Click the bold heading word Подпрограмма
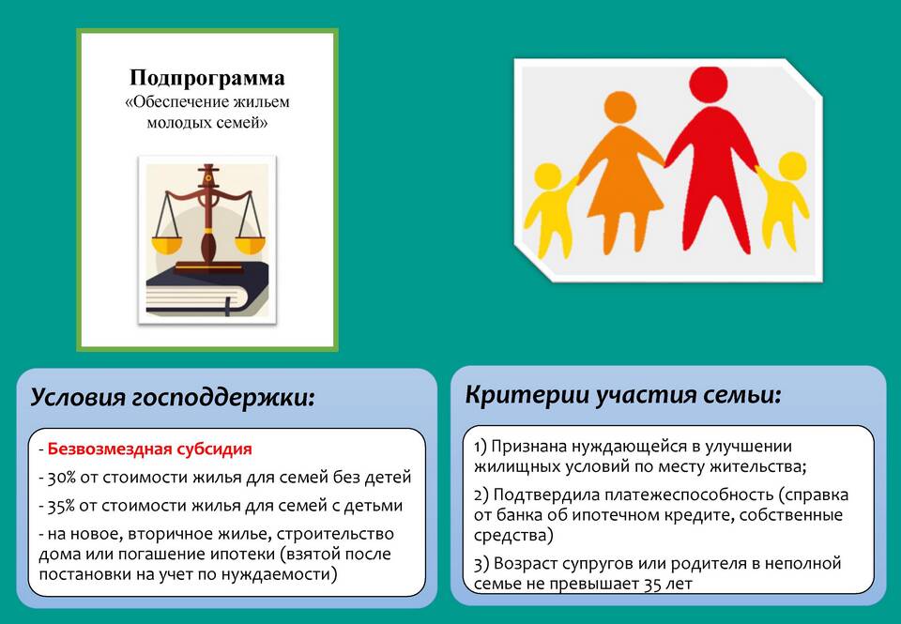coord(206,78)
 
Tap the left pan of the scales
coord(166,245)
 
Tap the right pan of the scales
coord(251,245)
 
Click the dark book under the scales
coord(207,289)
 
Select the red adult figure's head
coord(709,85)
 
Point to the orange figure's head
coord(620,108)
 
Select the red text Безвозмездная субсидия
coord(149,449)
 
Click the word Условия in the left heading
coord(77,398)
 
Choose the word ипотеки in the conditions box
coord(242,555)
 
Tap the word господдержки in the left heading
coord(223,398)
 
